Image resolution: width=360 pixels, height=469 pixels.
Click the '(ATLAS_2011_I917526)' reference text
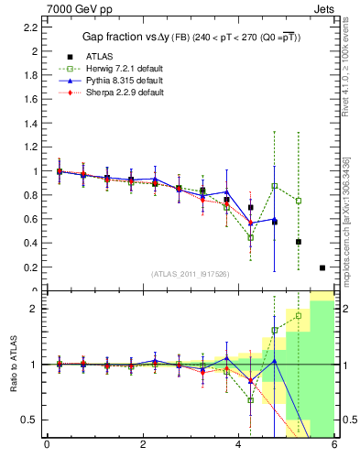click(190, 275)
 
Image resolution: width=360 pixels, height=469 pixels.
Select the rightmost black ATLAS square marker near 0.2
click(322, 267)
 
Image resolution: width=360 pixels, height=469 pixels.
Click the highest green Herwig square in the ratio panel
click(298, 315)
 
